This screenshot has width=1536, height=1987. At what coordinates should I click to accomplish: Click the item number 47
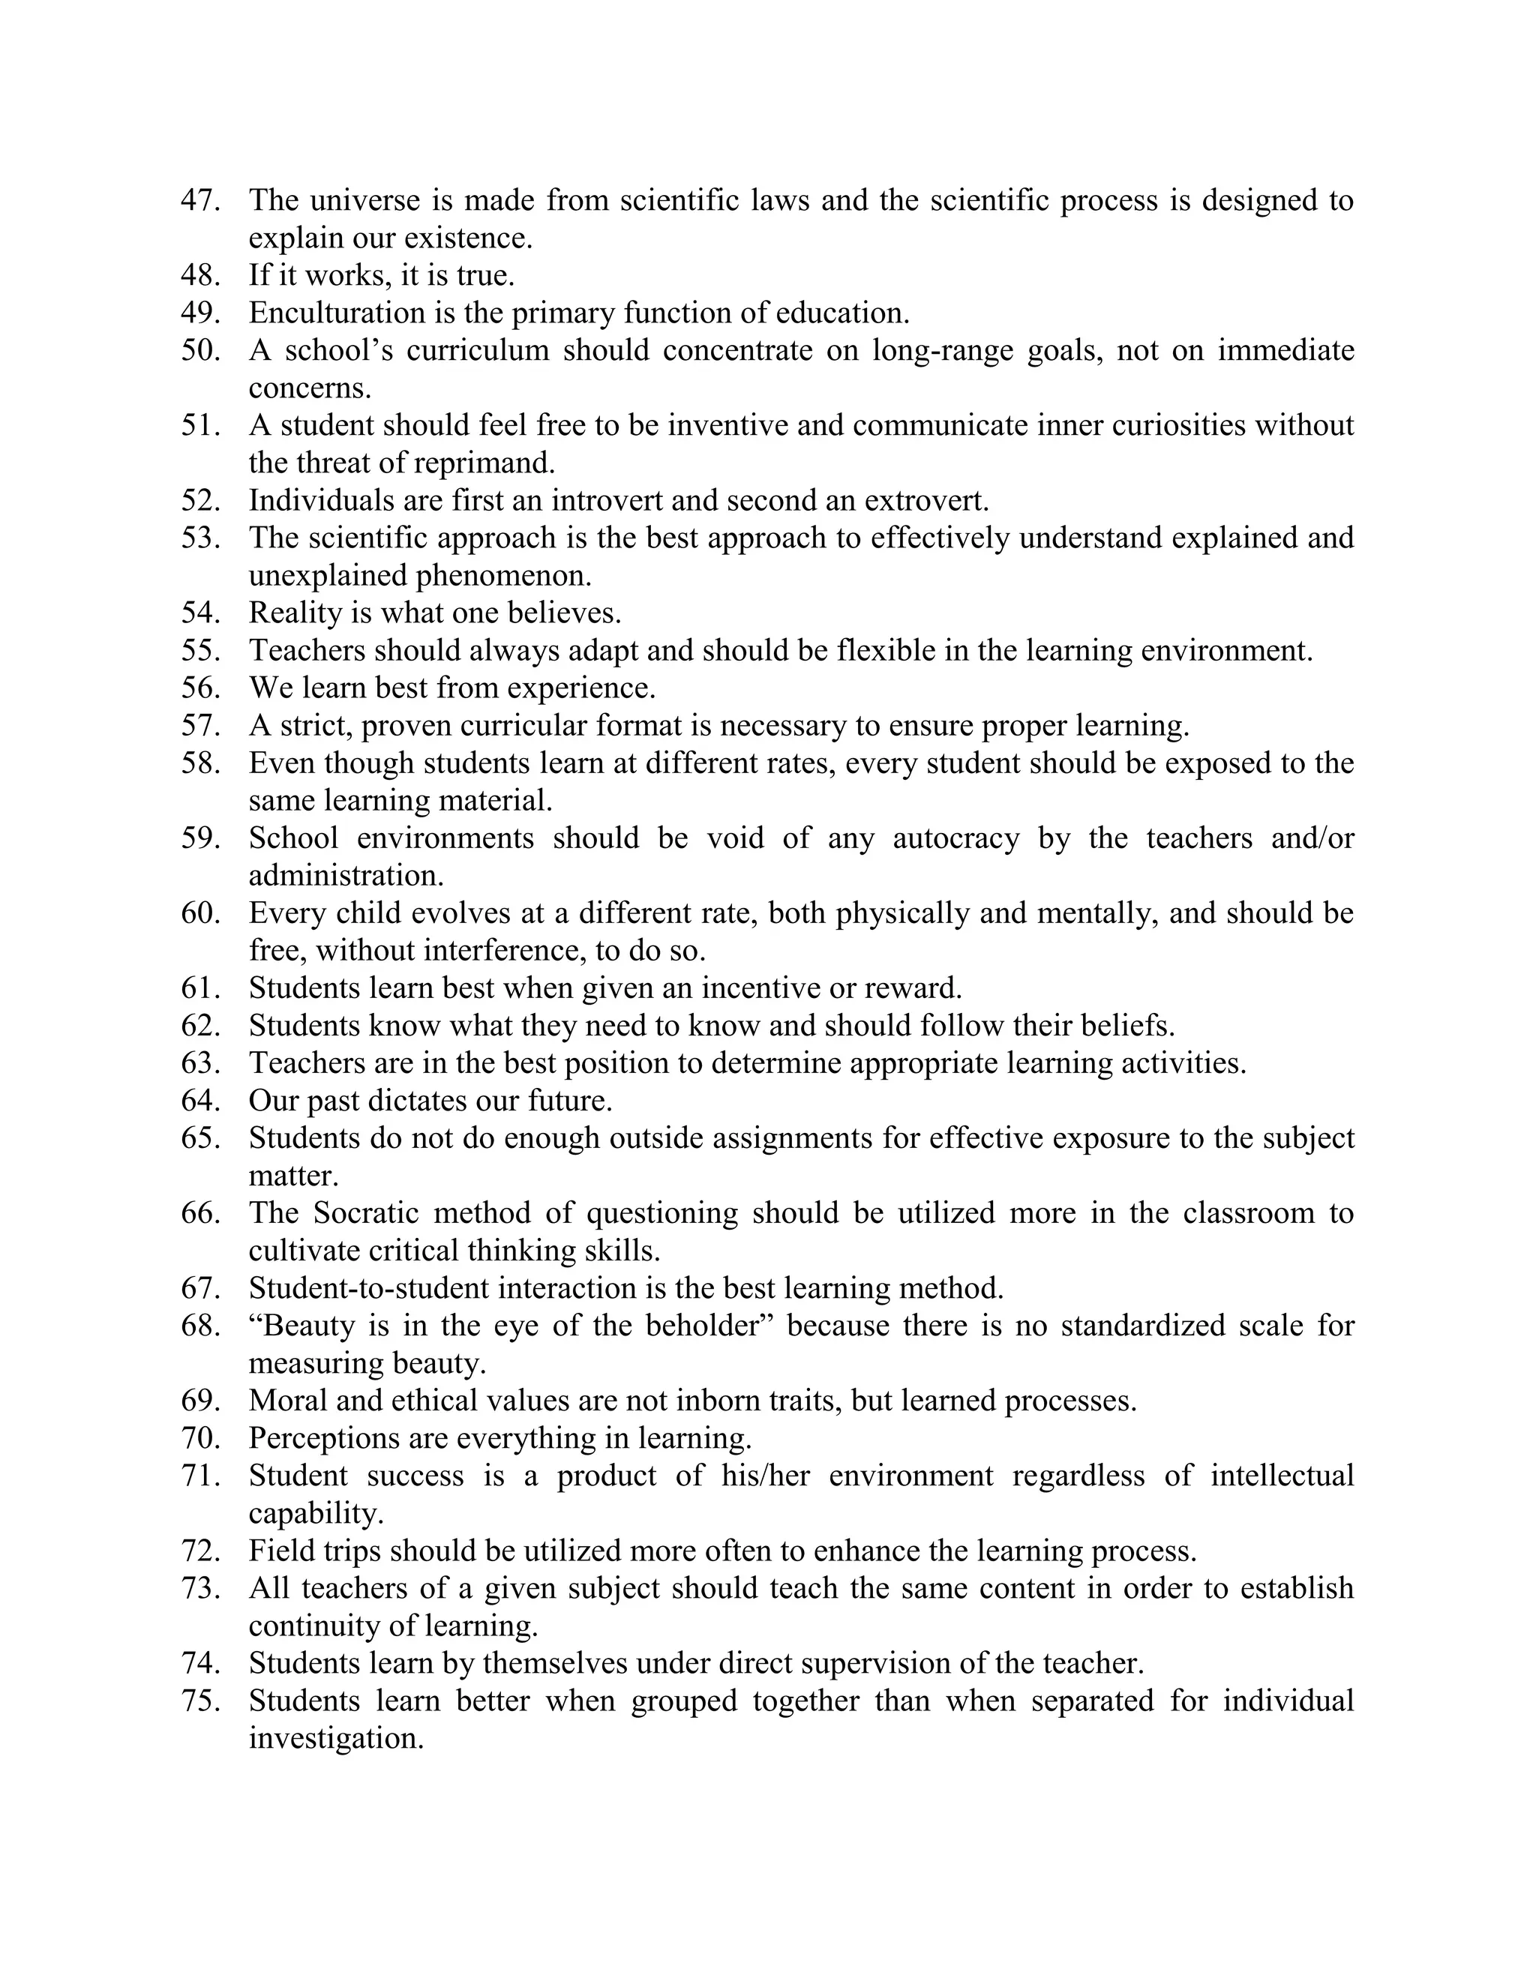[x=200, y=200]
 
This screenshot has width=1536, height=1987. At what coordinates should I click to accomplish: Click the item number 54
[x=200, y=613]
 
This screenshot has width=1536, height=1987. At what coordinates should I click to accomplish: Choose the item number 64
[x=200, y=1101]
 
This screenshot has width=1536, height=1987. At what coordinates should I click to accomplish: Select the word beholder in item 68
[x=708, y=1326]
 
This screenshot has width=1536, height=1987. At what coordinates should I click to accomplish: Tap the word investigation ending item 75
[x=336, y=1740]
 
